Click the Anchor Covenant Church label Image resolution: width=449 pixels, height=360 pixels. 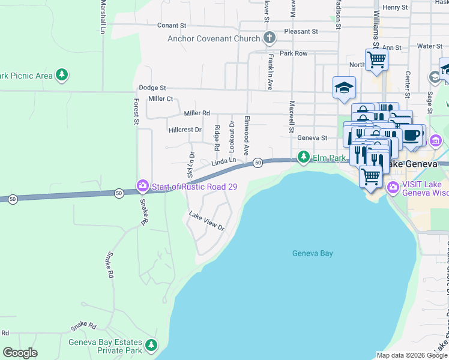(x=214, y=39)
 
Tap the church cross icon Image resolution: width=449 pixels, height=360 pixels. (x=270, y=38)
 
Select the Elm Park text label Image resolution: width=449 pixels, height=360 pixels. (x=330, y=158)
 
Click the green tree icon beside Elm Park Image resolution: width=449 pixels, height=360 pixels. (x=304, y=157)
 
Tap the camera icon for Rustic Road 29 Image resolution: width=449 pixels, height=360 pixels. (x=143, y=185)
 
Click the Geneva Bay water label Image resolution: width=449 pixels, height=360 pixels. (x=312, y=253)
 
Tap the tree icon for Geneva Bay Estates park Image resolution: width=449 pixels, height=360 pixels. (x=151, y=345)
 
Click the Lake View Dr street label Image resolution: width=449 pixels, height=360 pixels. (x=206, y=222)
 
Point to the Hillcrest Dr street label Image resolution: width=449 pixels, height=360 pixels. (x=185, y=129)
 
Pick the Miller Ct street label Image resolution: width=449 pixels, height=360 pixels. (x=160, y=98)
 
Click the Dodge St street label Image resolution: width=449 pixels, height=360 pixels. (x=152, y=88)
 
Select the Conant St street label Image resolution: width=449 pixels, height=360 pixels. (x=172, y=26)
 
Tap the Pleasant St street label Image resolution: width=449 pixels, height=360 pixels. (x=301, y=31)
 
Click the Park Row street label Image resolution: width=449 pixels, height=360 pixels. (x=293, y=53)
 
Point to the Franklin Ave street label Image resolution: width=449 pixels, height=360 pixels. (x=271, y=72)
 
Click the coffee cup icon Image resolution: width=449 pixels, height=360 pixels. (x=412, y=136)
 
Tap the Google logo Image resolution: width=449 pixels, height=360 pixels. (x=20, y=353)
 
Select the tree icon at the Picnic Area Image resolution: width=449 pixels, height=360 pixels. (x=61, y=75)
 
